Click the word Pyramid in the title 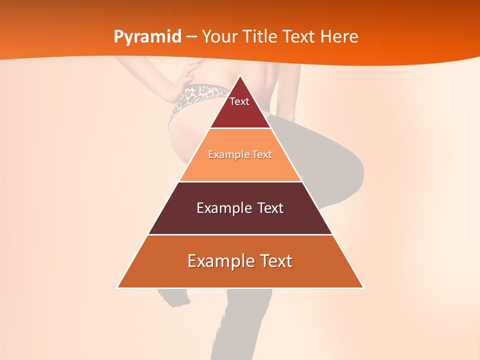pyautogui.click(x=147, y=37)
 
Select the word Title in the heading pyautogui.click(x=263, y=36)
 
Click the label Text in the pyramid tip pyautogui.click(x=239, y=101)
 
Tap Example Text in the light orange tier pyautogui.click(x=240, y=154)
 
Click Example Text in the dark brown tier pyautogui.click(x=240, y=208)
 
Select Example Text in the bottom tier pyautogui.click(x=240, y=261)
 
